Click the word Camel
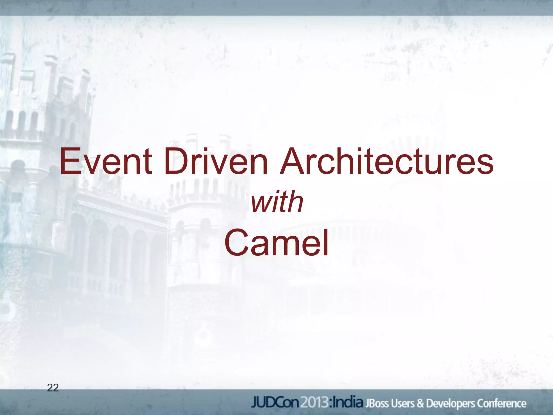(276, 243)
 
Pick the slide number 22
(53, 388)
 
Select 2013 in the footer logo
(314, 403)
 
